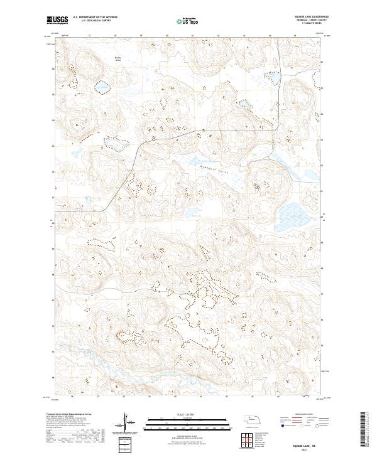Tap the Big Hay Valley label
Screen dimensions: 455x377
[x=117, y=60]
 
